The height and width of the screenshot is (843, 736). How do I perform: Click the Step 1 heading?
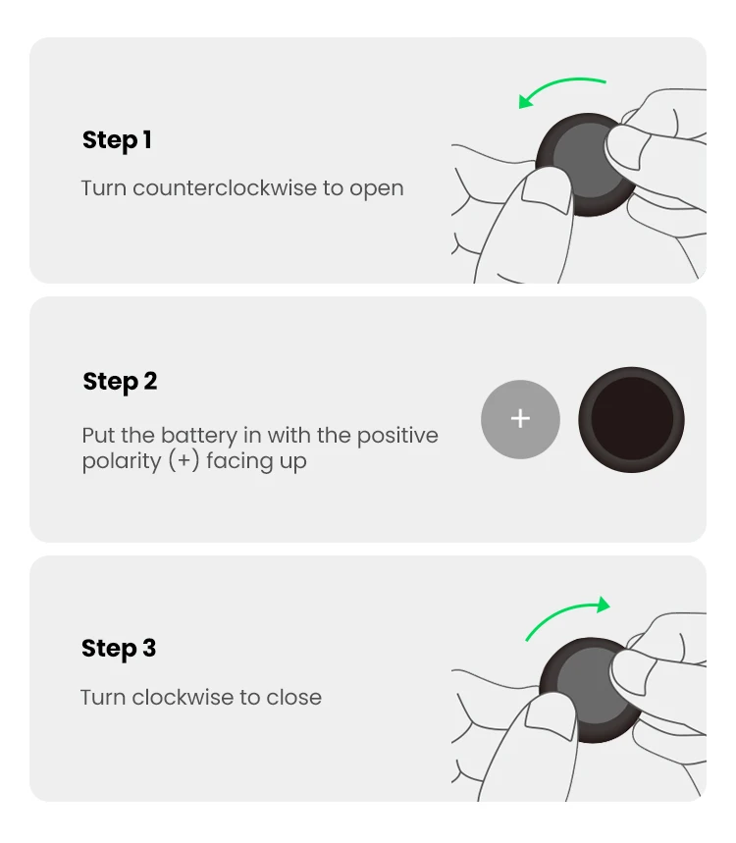117,141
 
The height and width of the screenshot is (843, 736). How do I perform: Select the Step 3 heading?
119,649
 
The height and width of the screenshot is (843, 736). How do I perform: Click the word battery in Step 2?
199,436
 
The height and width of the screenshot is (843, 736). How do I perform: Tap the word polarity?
122,462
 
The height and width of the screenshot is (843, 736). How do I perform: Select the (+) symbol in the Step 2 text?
184,461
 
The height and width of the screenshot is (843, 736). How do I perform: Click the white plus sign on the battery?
520,419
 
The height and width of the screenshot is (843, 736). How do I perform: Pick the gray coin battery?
520,419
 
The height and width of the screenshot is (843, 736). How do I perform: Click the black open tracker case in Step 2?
631,420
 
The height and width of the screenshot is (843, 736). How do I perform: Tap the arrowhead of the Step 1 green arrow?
525,100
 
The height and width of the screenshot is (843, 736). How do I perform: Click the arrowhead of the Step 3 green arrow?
604,605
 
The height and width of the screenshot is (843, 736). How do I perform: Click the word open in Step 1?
376,189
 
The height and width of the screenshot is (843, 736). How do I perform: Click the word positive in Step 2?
397,436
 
